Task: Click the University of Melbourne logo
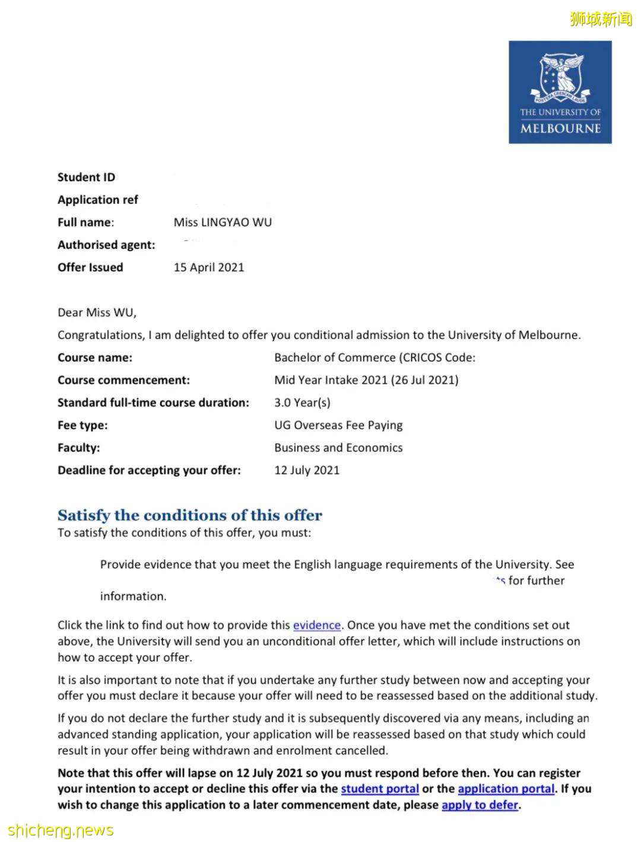click(x=560, y=92)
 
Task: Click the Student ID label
click(x=86, y=177)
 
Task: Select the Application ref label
click(x=97, y=200)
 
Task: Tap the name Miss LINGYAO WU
click(x=223, y=222)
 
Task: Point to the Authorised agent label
click(x=106, y=245)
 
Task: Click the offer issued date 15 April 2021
click(x=208, y=267)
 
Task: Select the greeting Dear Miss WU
click(x=97, y=312)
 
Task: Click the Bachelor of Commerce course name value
click(x=375, y=358)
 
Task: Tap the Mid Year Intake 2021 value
click(x=366, y=380)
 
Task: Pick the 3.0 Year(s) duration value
click(x=302, y=403)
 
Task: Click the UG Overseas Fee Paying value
click(x=338, y=425)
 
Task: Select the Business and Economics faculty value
click(x=338, y=448)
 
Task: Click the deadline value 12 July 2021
click(x=307, y=470)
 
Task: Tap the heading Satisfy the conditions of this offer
click(x=190, y=515)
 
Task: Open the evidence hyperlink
click(x=317, y=625)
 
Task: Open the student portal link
click(x=380, y=789)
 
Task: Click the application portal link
click(x=506, y=789)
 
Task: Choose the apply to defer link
click(x=480, y=805)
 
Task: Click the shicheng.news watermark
click(x=61, y=830)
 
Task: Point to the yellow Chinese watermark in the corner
click(x=601, y=19)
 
